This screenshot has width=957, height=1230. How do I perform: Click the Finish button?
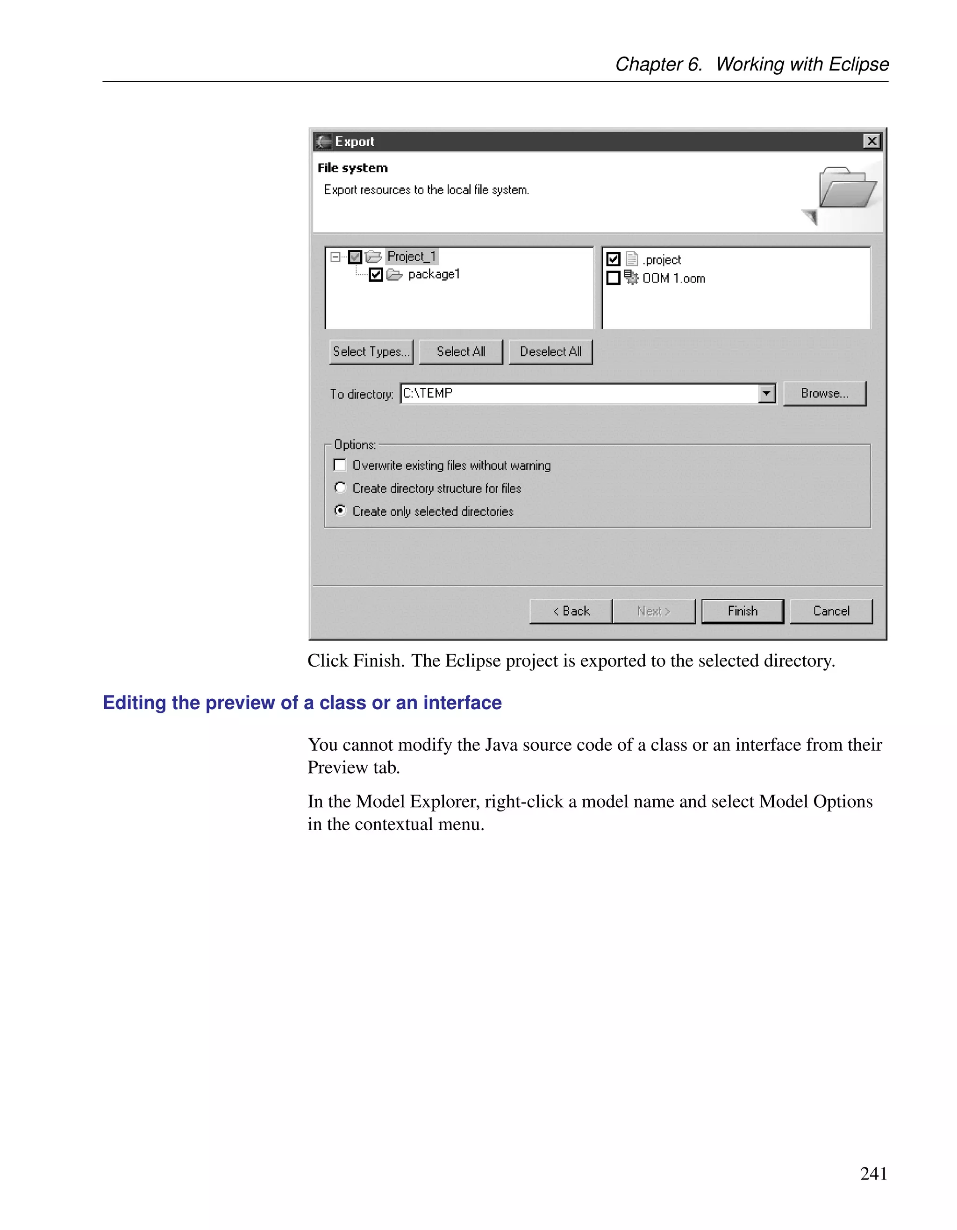tap(742, 611)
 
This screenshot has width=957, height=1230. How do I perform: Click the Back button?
tap(571, 611)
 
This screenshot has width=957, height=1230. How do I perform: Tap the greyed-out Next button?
tap(653, 611)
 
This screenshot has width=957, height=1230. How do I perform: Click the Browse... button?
tap(824, 393)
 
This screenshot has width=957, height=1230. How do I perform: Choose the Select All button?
tap(460, 351)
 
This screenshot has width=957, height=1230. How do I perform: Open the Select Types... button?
tap(371, 351)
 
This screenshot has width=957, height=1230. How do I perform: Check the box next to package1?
tap(376, 274)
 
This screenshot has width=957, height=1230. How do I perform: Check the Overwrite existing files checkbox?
tap(340, 465)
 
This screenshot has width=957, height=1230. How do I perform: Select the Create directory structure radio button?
tap(340, 488)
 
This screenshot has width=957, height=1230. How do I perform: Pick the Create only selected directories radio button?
tap(340, 510)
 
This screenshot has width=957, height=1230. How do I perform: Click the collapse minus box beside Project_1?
tap(335, 257)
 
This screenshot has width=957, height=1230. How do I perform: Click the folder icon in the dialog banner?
tap(846, 187)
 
